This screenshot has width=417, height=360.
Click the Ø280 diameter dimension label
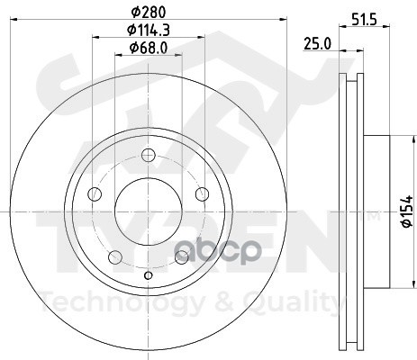[x=149, y=13]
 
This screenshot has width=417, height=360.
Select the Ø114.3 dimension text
[x=149, y=30]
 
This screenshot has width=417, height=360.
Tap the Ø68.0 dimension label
[x=149, y=48]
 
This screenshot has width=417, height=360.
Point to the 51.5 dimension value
[x=364, y=20]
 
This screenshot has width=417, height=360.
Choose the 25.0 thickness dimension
[x=317, y=44]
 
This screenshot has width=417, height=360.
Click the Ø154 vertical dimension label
[x=407, y=211]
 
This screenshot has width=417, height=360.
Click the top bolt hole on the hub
[x=148, y=155]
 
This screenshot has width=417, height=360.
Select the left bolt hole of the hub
[x=95, y=193]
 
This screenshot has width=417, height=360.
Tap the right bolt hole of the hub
[x=202, y=193]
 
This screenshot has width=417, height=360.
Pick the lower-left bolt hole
[x=115, y=257]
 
